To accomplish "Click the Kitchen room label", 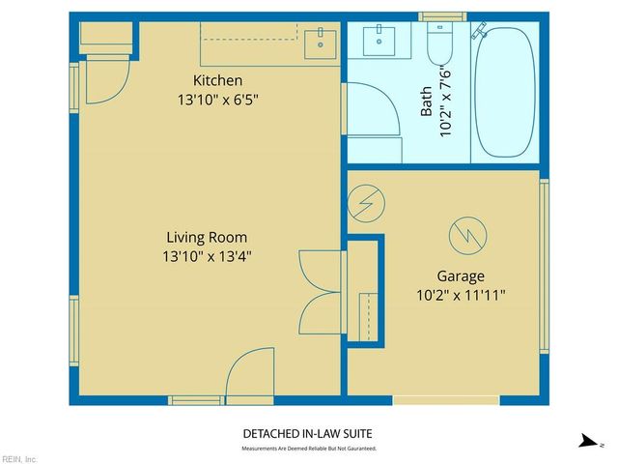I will pyautogui.click(x=217, y=80).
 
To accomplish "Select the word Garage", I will pyautogui.click(x=460, y=275).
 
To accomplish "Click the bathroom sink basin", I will pyautogui.click(x=379, y=42).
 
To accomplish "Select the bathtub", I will pyautogui.click(x=505, y=95).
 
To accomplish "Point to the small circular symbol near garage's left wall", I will pyautogui.click(x=366, y=203).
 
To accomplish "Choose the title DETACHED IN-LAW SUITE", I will pyautogui.click(x=308, y=434).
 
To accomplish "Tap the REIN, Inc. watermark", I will pyautogui.click(x=19, y=458).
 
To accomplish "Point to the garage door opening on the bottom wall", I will pyautogui.click(x=446, y=400).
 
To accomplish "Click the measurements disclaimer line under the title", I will pyautogui.click(x=308, y=449).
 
